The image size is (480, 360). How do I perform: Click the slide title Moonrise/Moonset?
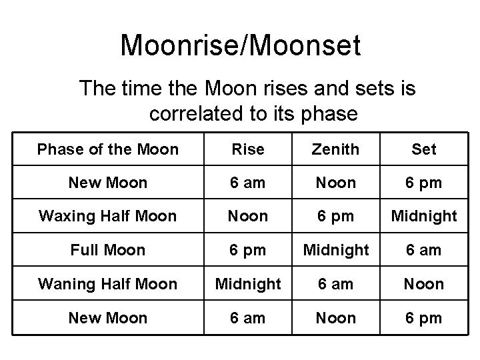pos(240,46)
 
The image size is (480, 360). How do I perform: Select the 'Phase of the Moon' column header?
pos(108,149)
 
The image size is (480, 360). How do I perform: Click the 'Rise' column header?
pos(248,149)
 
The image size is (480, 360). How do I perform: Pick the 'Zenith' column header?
pos(336,149)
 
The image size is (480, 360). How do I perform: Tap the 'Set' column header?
pos(424,149)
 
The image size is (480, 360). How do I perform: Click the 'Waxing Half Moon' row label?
pos(108,216)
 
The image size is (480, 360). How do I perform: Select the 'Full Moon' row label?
pos(108,250)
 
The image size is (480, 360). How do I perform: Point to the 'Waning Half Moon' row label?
pos(108,284)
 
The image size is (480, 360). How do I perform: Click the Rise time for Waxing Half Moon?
pos(248,216)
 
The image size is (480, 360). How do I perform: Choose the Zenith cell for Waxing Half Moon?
pos(336,216)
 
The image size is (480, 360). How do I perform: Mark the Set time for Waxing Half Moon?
pos(424,216)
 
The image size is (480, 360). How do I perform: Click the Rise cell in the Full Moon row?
pos(248,250)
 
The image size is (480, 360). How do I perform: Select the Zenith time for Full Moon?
pos(336,250)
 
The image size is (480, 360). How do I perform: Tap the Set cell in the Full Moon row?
pos(424,250)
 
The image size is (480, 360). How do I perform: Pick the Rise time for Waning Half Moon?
pos(248,284)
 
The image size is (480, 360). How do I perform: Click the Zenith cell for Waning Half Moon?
pos(336,284)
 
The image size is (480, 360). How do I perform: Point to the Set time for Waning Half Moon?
pos(424,284)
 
